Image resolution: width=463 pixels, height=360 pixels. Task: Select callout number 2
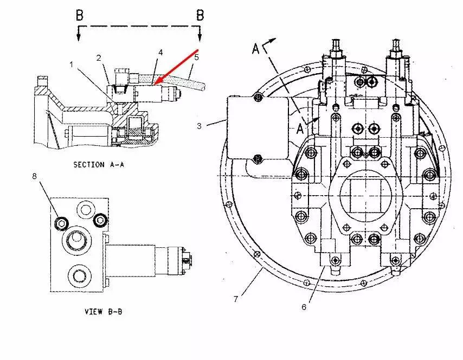[99, 57]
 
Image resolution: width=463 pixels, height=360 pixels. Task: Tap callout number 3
[199, 126]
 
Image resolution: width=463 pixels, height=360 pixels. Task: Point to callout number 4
[160, 52]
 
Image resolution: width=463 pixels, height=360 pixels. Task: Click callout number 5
[197, 56]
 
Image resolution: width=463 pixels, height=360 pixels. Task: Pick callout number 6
[304, 307]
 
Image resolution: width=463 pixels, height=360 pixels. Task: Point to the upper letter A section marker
[256, 49]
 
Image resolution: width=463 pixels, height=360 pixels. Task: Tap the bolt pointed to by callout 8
[61, 222]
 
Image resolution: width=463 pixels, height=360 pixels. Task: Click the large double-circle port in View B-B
[74, 241]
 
